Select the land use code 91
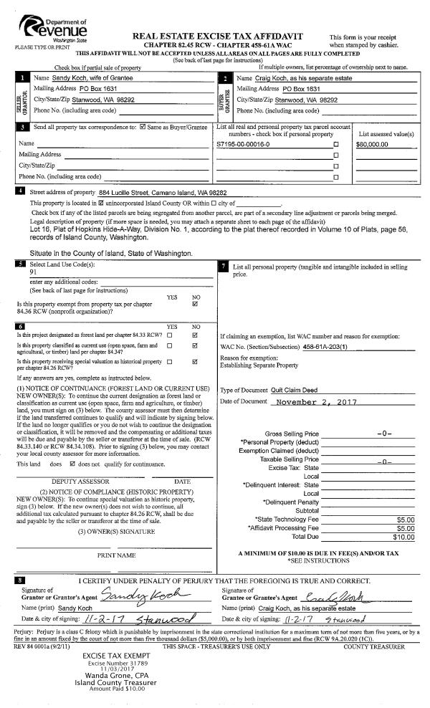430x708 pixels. (33, 272)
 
